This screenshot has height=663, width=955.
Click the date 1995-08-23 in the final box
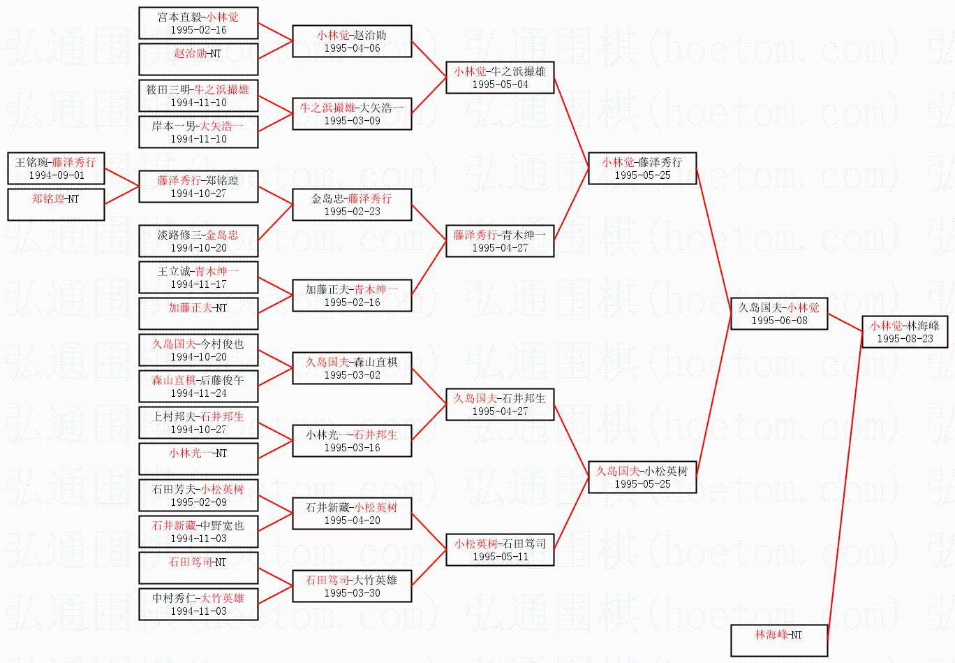tap(905, 339)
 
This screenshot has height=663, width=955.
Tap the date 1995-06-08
tap(779, 321)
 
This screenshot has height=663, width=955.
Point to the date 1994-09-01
tap(57, 175)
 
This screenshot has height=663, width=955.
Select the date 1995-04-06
tap(352, 48)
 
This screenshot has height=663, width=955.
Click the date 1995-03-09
tap(352, 121)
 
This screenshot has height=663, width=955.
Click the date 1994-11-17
tap(198, 284)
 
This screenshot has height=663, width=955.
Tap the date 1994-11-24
tap(198, 393)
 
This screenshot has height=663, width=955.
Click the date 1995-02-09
tap(198, 502)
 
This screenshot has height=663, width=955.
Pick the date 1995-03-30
tap(352, 593)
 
